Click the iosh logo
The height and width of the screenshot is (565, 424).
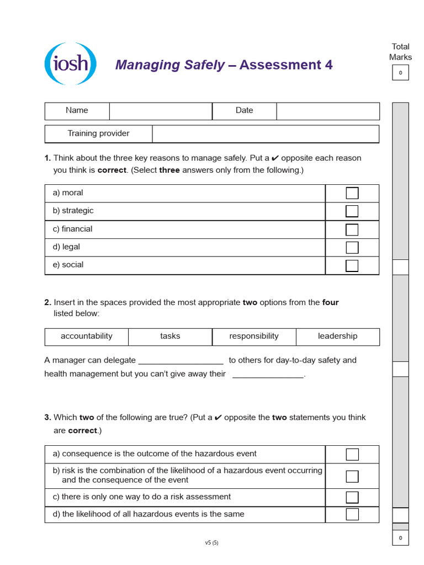coord(70,64)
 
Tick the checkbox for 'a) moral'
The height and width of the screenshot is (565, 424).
coord(352,193)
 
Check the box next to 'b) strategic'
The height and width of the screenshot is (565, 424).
coord(352,211)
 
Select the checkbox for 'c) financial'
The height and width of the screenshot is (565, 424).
coord(352,230)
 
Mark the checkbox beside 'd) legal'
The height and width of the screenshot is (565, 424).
coord(352,247)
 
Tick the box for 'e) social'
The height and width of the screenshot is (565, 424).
coord(352,265)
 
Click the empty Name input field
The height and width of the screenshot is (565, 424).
coord(160,111)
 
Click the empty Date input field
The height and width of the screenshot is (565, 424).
coord(327,111)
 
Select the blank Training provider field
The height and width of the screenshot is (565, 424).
coord(265,134)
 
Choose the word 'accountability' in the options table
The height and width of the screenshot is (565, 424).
coord(86,337)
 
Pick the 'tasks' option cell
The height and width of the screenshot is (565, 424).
coord(170,337)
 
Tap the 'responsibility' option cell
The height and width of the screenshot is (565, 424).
coord(254,337)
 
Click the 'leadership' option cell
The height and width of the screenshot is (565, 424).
coord(337,337)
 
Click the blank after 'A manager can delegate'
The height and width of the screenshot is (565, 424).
coord(181,361)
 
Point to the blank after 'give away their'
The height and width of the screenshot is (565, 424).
coord(268,375)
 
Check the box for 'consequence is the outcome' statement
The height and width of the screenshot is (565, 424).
coord(352,454)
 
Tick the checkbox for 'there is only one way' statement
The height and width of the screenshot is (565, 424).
coord(352,497)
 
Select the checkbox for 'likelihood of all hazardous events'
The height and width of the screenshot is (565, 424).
coord(352,514)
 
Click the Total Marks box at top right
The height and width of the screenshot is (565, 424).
coord(400,73)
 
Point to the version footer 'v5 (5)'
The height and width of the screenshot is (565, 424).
coord(211,542)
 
